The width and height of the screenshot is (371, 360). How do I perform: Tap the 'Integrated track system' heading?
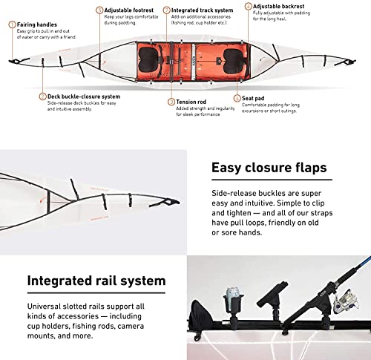(x=197, y=10)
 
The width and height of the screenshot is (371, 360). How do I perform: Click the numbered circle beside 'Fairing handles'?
(x=11, y=24)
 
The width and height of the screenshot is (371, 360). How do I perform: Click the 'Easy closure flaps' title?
(x=269, y=167)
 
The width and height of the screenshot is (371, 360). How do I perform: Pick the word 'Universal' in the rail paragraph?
(x=46, y=306)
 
